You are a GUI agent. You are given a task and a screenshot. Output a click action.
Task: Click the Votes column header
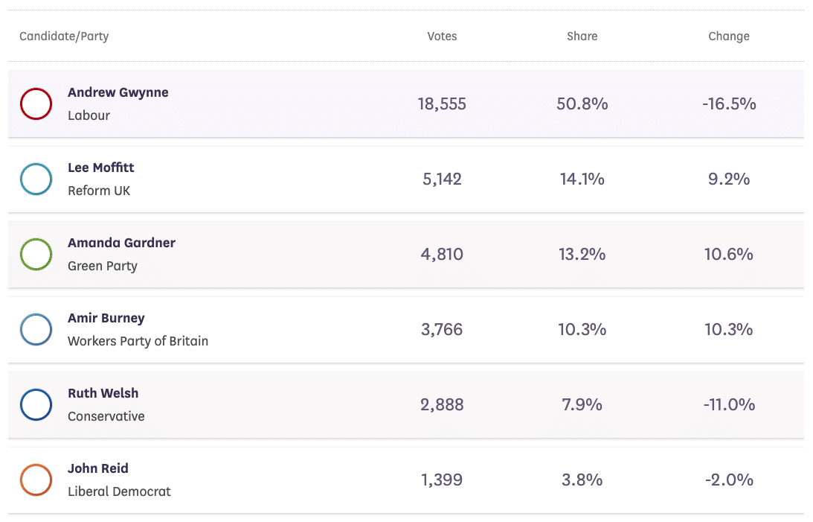442,36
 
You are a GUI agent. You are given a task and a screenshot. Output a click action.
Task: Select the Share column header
582,36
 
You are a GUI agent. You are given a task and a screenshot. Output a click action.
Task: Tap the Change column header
728,36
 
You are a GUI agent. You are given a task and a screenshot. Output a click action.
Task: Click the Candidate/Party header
64,36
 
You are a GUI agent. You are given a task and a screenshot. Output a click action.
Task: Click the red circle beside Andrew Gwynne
36,104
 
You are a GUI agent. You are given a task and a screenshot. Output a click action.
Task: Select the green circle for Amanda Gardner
36,254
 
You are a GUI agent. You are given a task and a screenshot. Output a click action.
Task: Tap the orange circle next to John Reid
36,480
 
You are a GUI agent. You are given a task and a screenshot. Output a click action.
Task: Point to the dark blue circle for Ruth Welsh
36,404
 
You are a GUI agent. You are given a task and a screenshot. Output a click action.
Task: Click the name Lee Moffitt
101,168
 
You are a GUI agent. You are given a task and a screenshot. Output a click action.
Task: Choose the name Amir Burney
106,318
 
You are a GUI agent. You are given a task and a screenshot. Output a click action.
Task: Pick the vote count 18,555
442,104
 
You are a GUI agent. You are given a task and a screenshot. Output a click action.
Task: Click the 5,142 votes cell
442,179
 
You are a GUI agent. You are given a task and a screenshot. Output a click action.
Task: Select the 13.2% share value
582,255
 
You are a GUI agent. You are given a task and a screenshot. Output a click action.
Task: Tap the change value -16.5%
729,104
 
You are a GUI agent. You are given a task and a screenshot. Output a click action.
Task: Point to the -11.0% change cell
729,405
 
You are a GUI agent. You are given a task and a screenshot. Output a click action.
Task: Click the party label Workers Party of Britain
138,341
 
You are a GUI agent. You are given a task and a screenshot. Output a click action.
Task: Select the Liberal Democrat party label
119,491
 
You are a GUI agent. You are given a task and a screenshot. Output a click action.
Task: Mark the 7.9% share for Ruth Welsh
582,405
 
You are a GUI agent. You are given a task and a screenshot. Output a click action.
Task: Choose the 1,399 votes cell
442,480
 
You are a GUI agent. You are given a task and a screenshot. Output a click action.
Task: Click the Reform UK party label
99,191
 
